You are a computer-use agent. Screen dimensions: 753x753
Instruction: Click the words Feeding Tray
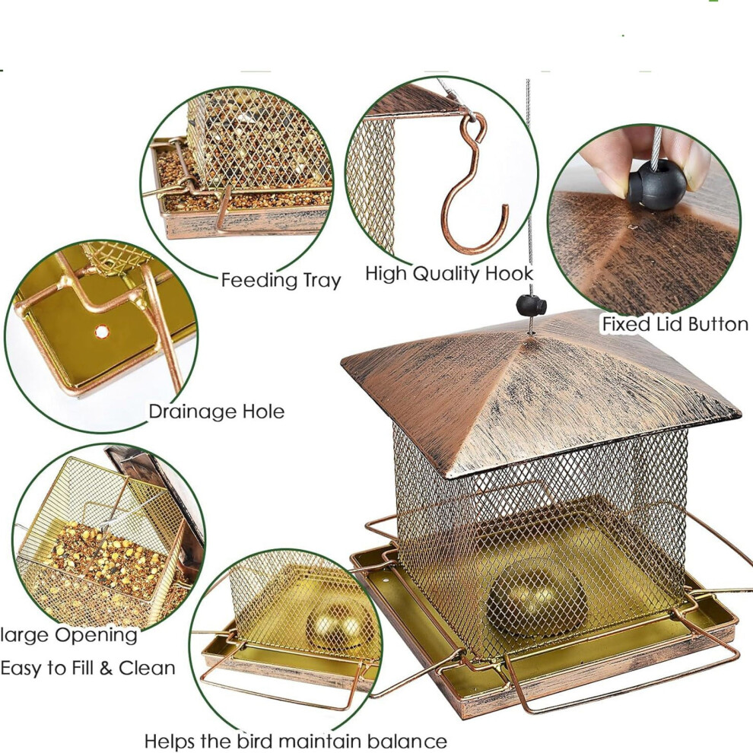click(281, 280)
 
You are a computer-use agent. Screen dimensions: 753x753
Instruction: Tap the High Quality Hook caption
click(449, 273)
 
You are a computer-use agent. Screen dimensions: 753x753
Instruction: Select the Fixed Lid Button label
click(675, 324)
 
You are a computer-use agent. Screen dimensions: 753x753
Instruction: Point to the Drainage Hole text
click(216, 411)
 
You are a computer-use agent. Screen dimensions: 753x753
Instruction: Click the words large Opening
click(68, 636)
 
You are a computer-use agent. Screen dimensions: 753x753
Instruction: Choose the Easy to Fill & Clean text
click(88, 668)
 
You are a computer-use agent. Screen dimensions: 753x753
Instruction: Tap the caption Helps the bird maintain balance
click(295, 741)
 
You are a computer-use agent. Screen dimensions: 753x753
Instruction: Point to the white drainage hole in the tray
click(101, 332)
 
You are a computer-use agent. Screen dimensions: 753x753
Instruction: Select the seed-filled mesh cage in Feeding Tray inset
click(259, 139)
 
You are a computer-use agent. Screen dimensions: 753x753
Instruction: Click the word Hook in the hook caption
click(509, 273)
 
